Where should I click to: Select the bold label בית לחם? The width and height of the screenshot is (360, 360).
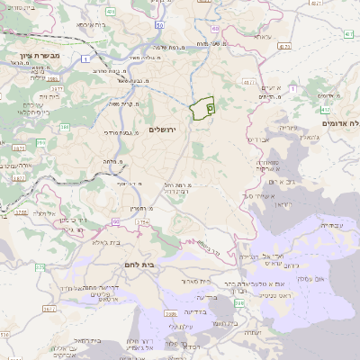139,265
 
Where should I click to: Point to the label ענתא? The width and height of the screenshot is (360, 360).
273,86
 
